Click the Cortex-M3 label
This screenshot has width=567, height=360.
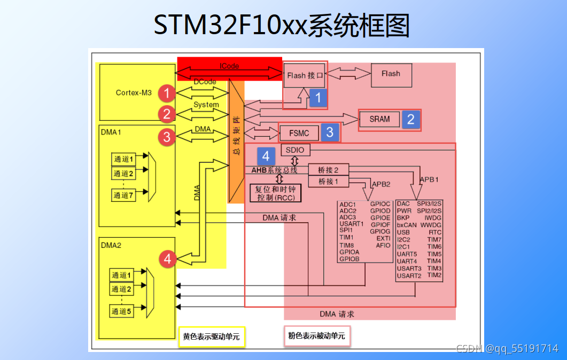coord(134,93)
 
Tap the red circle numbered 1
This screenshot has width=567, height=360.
coord(167,94)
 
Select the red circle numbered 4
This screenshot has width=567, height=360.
coord(168,259)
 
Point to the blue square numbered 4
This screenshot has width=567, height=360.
coord(266,156)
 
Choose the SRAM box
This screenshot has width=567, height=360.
coord(380,119)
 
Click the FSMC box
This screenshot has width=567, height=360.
coord(299,132)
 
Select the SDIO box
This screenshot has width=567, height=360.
coord(295,150)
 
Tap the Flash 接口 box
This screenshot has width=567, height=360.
coord(305,76)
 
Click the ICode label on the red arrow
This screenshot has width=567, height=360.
coord(229,66)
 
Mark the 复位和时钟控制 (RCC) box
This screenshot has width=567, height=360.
coord(276,193)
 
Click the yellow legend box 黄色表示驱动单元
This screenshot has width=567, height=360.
coord(211,337)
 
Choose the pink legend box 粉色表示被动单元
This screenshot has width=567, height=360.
coord(317,336)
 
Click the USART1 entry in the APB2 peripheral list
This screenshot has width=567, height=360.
coord(351,224)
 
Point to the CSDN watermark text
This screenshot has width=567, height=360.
coord(507,349)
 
